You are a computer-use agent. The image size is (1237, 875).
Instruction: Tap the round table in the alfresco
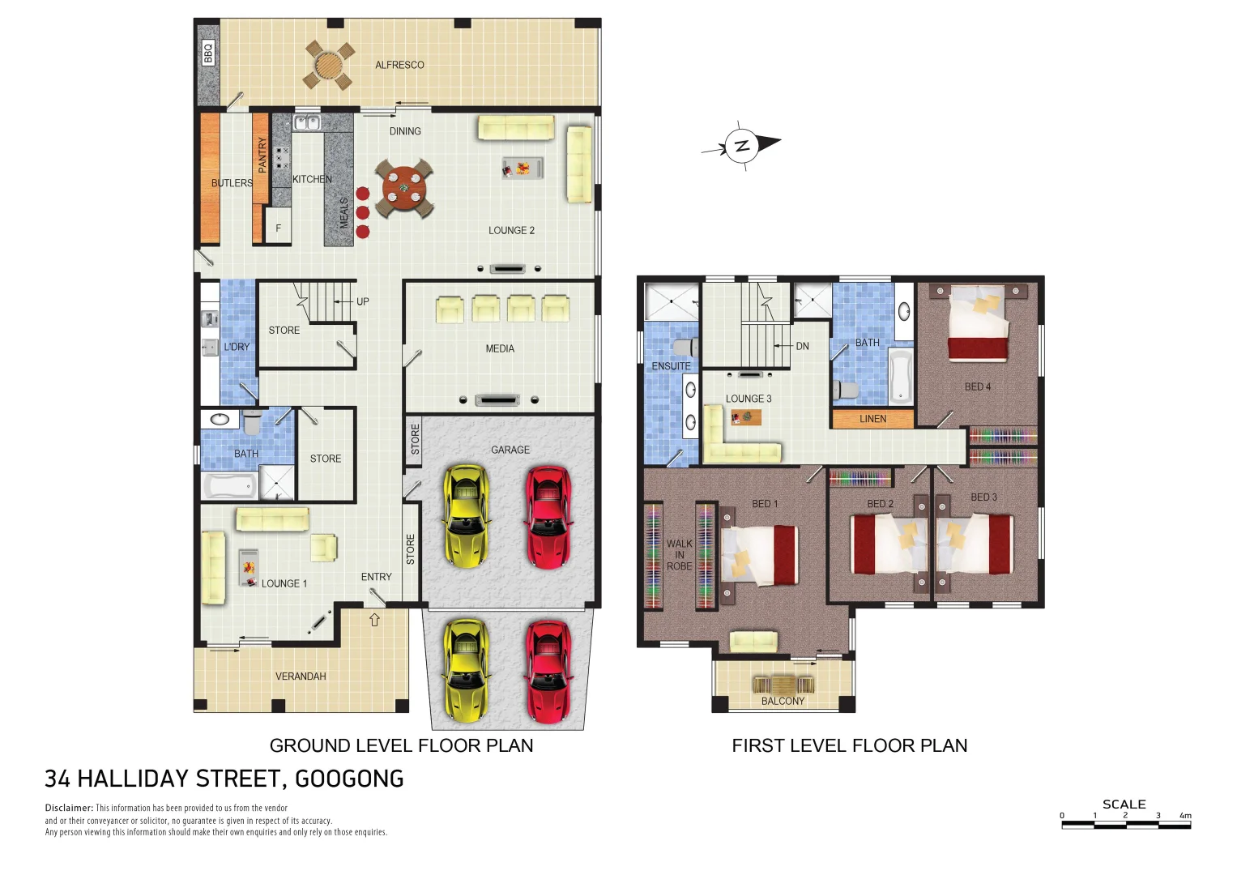[329, 65]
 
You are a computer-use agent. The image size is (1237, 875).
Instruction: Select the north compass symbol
[742, 146]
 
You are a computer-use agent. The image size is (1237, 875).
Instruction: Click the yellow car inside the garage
[466, 516]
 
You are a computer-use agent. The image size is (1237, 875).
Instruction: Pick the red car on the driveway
[548, 671]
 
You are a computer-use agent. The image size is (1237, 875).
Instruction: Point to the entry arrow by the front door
[374, 620]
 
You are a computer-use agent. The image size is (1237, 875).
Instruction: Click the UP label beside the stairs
[362, 301]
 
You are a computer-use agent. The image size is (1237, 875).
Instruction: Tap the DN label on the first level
[802, 346]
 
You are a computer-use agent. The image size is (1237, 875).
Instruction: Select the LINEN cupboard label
[872, 419]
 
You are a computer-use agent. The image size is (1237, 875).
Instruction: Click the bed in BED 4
[979, 324]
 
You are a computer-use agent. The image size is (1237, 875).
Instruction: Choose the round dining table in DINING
[403, 188]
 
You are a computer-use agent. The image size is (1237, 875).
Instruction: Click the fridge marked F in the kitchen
[278, 228]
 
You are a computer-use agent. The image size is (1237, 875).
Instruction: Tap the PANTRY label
[262, 155]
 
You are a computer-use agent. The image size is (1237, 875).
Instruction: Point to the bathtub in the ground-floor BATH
[229, 486]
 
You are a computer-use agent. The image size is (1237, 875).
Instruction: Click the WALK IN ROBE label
[679, 555]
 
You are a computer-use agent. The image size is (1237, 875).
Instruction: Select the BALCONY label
[783, 701]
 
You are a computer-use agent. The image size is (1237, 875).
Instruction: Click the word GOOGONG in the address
[349, 779]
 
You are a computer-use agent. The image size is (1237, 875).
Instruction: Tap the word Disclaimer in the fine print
[69, 808]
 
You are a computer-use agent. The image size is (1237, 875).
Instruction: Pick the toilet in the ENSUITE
[685, 348]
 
